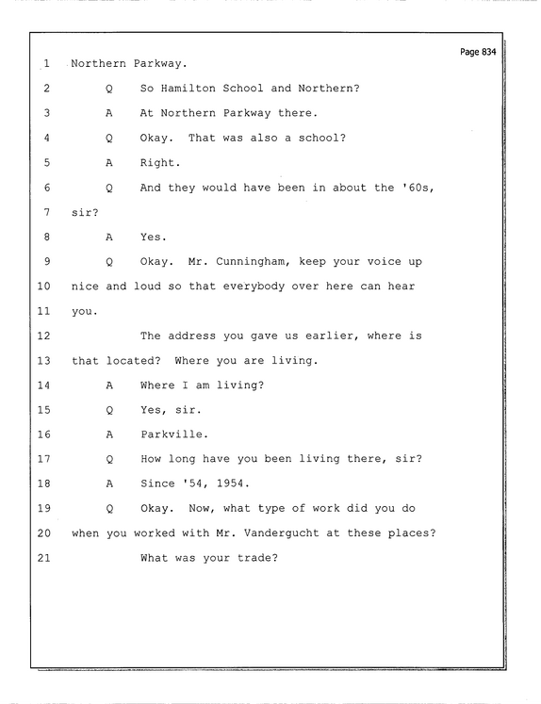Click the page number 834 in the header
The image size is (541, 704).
[488, 52]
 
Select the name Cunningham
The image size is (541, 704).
[253, 262]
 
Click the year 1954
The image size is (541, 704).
[233, 483]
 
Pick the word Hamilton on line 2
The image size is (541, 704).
[189, 88]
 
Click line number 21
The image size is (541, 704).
[44, 558]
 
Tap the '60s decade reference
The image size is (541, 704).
[418, 188]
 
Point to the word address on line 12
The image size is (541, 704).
[191, 336]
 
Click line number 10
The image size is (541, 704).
[44, 286]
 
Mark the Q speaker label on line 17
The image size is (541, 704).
[109, 459]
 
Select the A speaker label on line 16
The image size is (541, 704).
[109, 434]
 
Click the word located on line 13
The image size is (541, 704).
[133, 361]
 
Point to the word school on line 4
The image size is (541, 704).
[322, 138]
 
